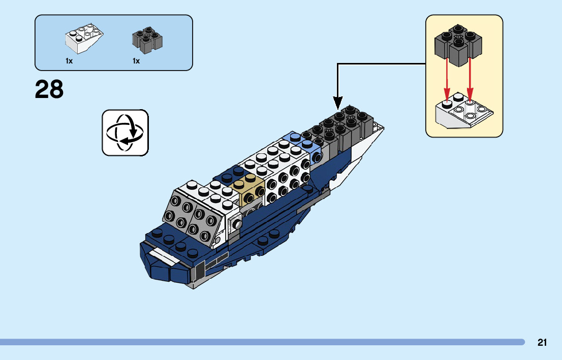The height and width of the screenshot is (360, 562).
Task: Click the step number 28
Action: [49, 90]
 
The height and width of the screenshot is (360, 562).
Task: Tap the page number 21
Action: [542, 343]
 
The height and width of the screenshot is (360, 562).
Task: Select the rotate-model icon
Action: [125, 133]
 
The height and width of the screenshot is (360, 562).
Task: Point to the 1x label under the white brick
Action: [69, 61]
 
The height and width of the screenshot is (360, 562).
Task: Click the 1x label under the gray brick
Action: [136, 61]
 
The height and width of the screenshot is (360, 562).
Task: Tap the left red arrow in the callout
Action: [447, 79]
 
